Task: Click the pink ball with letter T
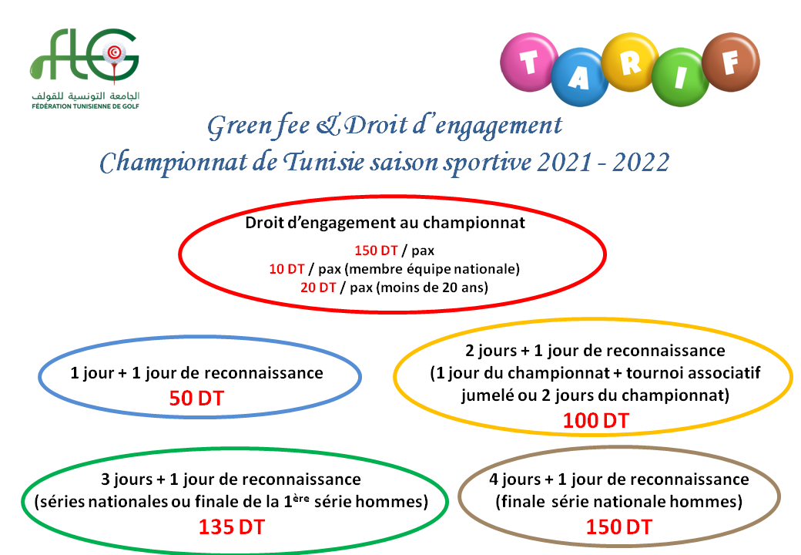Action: click(x=529, y=62)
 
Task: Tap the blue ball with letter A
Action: click(x=580, y=77)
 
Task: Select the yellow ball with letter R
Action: click(x=630, y=62)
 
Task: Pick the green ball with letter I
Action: click(x=680, y=77)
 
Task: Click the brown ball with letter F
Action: click(x=731, y=62)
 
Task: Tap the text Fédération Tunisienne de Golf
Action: click(x=85, y=106)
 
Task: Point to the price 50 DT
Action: click(x=196, y=399)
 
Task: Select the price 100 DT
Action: click(x=595, y=421)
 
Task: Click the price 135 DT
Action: click(x=231, y=527)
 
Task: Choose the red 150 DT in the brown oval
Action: click(x=619, y=527)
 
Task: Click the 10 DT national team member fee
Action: click(x=287, y=269)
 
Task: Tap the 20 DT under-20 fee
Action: click(x=318, y=288)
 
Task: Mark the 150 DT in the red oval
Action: click(x=377, y=251)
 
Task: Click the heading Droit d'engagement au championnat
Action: click(x=385, y=224)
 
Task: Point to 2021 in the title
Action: click(x=565, y=163)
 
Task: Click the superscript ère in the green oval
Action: click(x=302, y=498)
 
